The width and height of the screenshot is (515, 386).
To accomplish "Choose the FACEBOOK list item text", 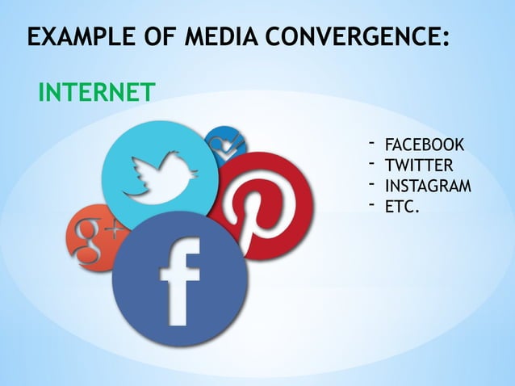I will (x=424, y=145).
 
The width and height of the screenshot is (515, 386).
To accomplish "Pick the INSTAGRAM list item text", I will (x=428, y=187).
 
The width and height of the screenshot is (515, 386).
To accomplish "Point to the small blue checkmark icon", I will (x=219, y=146).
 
